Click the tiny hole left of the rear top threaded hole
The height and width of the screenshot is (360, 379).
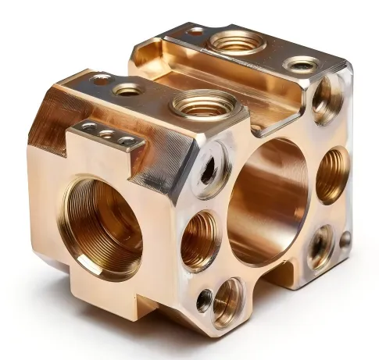tap(195, 32)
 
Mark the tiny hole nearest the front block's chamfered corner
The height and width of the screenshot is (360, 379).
tap(101, 79)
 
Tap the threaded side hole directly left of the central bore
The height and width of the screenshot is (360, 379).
tap(200, 241)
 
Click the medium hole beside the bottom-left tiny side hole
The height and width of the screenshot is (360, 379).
tap(227, 301)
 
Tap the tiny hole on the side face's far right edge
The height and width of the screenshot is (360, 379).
tap(345, 239)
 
